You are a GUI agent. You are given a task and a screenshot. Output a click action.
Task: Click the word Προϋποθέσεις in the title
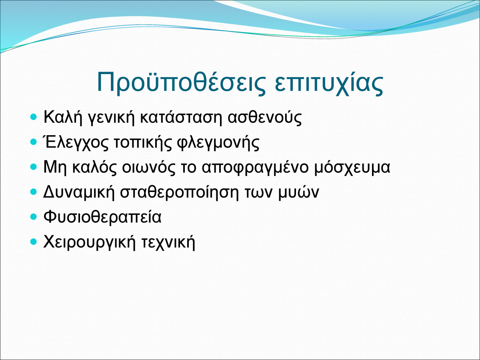point(181,83)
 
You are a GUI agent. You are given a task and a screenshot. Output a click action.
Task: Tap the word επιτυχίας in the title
point(329,83)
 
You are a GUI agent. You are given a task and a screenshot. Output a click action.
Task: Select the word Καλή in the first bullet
point(63,117)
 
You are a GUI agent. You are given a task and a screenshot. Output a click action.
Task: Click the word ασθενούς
point(265,117)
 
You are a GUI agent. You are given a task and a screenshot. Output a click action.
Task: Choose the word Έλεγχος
point(76,142)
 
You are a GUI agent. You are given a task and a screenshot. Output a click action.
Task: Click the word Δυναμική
point(79,192)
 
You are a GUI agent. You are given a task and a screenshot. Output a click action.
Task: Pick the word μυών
point(299,192)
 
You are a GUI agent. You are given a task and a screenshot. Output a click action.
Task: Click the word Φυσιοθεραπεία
point(102,217)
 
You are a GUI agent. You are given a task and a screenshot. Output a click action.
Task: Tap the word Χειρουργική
point(90,242)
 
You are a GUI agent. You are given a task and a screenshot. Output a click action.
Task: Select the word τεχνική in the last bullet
point(168,242)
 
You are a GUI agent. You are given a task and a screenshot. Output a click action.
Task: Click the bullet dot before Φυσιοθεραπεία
point(33,217)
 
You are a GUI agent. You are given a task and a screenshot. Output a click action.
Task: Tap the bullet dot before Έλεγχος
point(33,142)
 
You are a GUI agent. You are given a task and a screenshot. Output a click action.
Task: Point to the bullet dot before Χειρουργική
point(33,242)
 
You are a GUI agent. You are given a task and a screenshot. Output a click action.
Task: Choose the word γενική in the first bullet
point(111,117)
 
